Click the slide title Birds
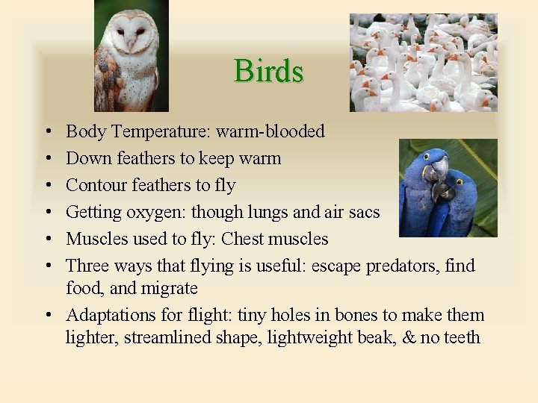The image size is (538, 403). point(268,72)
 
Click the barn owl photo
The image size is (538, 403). point(131,56)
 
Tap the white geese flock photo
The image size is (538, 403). point(423,63)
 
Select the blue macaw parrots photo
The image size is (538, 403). point(448,188)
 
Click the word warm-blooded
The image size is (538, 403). point(270,132)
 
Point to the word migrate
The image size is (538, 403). point(173,289)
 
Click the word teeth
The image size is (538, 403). point(461,337)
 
